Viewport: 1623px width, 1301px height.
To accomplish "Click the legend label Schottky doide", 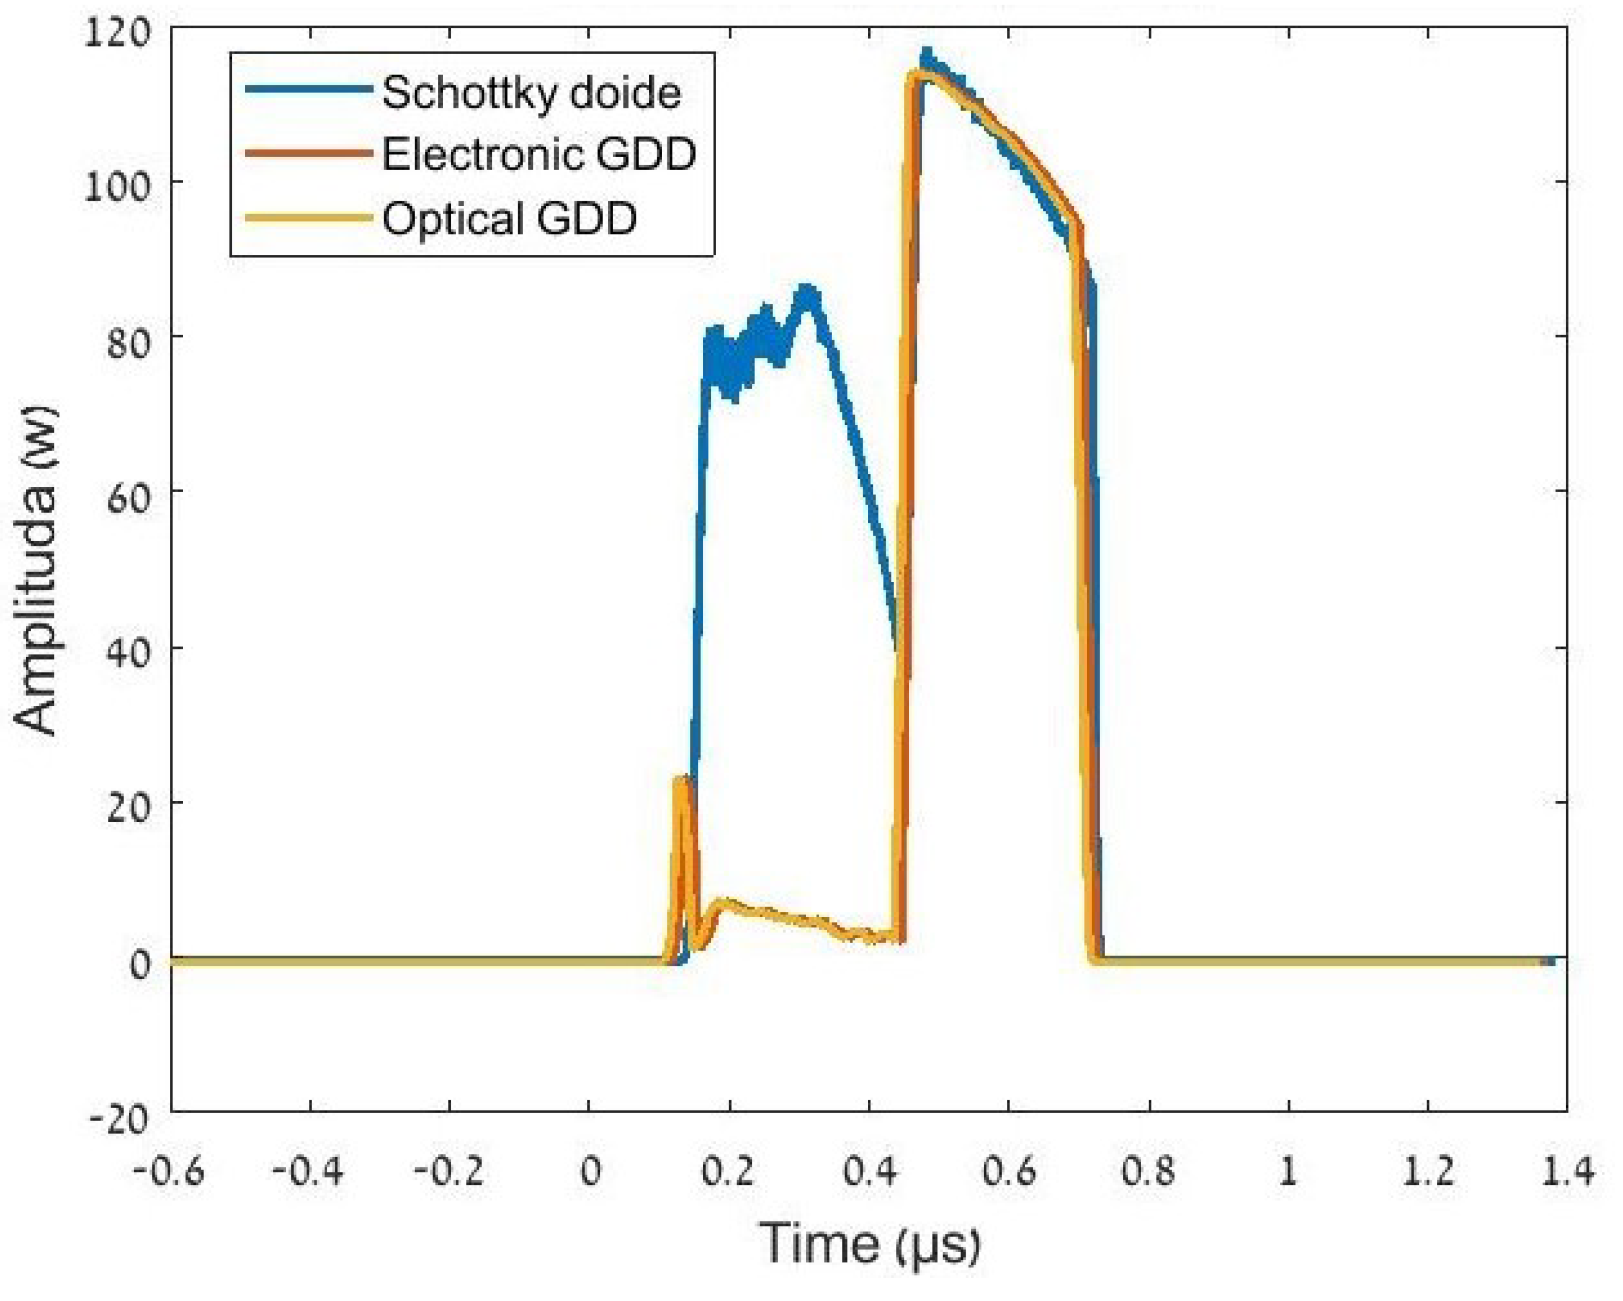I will (x=531, y=94).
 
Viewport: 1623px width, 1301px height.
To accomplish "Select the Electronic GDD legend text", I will (x=539, y=155).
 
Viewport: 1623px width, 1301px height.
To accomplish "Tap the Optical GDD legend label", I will (x=510, y=219).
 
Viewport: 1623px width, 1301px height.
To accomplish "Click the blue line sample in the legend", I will (x=308, y=89).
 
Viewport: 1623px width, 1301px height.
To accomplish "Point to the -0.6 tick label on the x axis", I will (x=169, y=1172).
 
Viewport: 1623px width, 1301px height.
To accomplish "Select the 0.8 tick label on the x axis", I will (x=1148, y=1172).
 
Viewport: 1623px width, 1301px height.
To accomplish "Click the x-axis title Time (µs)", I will (x=870, y=1244).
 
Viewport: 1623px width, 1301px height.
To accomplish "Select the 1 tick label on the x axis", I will (x=1289, y=1172).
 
